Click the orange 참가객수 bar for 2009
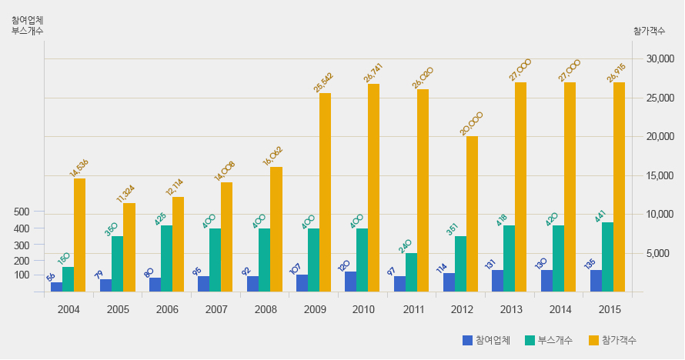coord(325,192)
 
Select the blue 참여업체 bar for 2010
coord(350,282)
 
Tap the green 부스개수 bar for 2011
coord(411,272)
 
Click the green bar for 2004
coord(68,279)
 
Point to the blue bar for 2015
coord(596,281)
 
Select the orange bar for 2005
coord(129,247)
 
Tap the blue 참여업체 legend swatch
coord(467,340)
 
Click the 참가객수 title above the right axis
coord(650,31)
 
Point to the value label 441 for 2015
coord(602,212)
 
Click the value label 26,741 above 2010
coord(373,73)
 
